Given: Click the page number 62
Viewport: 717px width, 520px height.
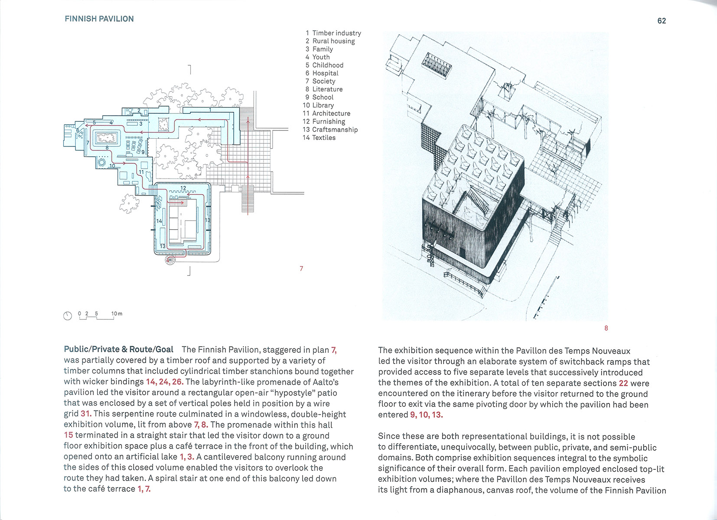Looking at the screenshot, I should [662, 21].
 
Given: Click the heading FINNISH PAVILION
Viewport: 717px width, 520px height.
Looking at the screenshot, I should [99, 19].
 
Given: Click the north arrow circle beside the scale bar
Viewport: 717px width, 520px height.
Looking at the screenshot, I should [68, 316].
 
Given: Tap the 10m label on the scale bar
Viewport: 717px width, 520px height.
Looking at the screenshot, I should [117, 313].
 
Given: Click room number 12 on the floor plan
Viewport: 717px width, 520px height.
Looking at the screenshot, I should [183, 188].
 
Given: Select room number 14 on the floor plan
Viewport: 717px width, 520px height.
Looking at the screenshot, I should [159, 221].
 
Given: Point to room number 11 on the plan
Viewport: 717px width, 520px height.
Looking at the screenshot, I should [141, 172].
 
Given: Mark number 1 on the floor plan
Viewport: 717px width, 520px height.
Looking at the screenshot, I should [210, 110].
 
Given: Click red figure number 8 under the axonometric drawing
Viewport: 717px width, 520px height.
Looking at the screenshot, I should [606, 328].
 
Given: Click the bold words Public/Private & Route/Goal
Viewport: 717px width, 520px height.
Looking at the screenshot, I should [118, 349].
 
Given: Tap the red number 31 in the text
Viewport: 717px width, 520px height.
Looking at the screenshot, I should [86, 414].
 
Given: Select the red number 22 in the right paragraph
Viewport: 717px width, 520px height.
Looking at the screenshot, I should [623, 383].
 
